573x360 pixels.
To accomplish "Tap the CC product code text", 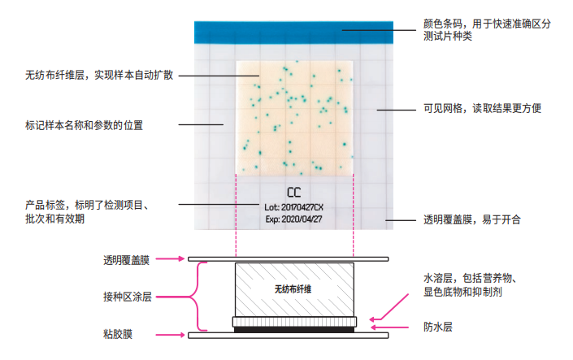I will coord(293,193).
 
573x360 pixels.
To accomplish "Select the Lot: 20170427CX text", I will coord(293,207).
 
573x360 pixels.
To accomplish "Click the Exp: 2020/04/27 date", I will coord(293,219).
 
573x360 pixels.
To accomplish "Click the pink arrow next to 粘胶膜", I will coord(169,334).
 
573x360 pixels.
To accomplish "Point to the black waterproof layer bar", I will coord(293,328).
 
